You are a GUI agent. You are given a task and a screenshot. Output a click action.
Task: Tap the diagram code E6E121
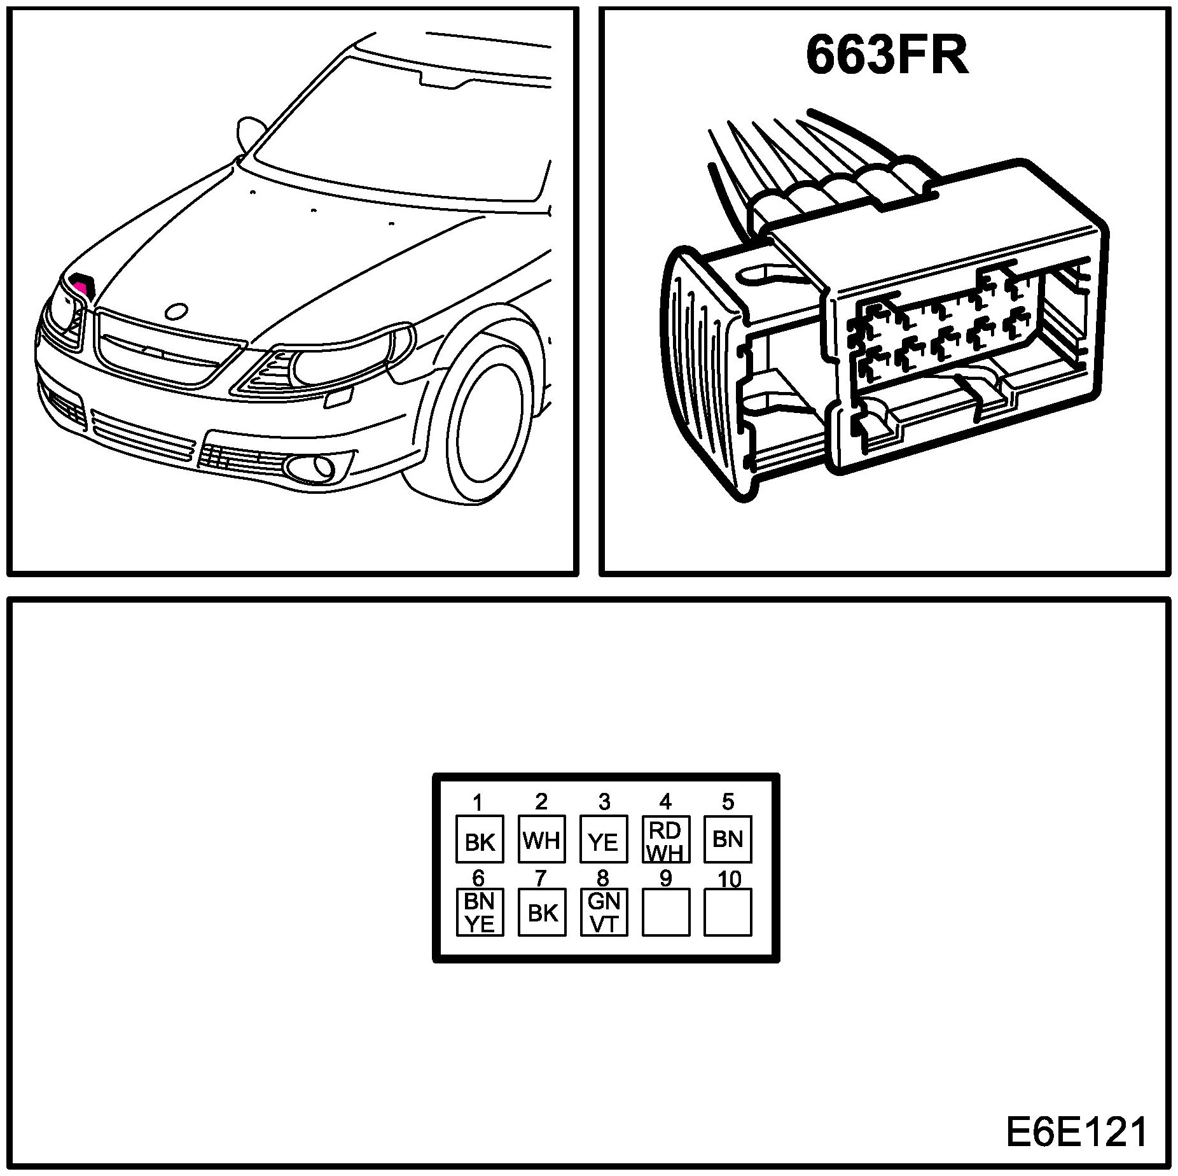pyautogui.click(x=1076, y=1133)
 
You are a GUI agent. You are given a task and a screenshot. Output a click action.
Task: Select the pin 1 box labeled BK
pyautogui.click(x=480, y=839)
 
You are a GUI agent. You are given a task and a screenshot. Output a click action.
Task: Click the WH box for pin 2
pyautogui.click(x=541, y=839)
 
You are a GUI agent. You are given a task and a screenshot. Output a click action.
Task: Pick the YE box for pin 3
pyautogui.click(x=604, y=839)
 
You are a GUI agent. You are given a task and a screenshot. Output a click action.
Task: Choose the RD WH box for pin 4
pyautogui.click(x=665, y=839)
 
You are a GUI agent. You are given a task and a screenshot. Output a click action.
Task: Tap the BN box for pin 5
pyautogui.click(x=728, y=839)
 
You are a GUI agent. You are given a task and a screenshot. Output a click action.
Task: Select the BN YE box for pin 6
pyautogui.click(x=480, y=912)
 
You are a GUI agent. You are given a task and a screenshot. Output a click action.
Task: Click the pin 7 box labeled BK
pyautogui.click(x=541, y=912)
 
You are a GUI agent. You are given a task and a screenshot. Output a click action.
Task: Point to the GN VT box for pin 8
pyautogui.click(x=604, y=912)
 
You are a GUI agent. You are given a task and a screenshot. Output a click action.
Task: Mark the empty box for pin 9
pyautogui.click(x=665, y=912)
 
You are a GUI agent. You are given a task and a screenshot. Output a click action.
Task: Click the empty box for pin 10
pyautogui.click(x=728, y=912)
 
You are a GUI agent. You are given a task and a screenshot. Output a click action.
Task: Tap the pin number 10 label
pyautogui.click(x=729, y=879)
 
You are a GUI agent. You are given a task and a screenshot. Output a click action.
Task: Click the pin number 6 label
pyautogui.click(x=478, y=879)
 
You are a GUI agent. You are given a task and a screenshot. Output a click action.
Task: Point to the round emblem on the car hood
pyautogui.click(x=175, y=311)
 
